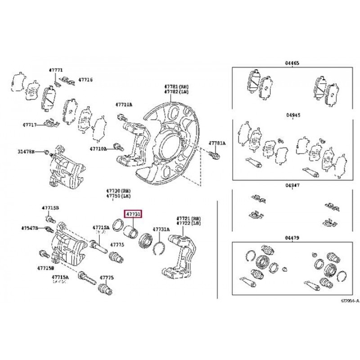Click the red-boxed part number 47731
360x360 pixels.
[x=133, y=214]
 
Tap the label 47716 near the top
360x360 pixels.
[x=85, y=80]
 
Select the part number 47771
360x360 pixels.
[x=56, y=71]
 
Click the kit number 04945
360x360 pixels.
[x=292, y=115]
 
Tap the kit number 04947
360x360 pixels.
[x=292, y=185]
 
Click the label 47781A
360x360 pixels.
[x=217, y=144]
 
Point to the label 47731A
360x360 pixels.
[x=161, y=229]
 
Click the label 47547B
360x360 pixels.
[x=30, y=228]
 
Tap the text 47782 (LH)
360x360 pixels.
[x=177, y=91]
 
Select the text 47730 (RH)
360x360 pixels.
[x=118, y=191]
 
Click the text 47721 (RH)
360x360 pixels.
[x=188, y=217]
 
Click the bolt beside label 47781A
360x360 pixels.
[x=215, y=155]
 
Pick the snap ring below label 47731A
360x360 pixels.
[x=157, y=247]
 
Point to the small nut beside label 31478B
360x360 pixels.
[x=46, y=153]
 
